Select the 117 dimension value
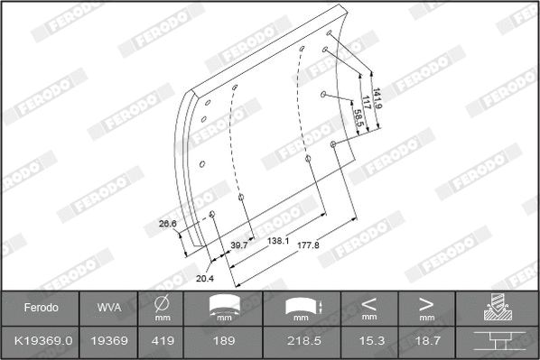coord(367,105)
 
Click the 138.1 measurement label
coord(278,241)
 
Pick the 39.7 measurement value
coord(238,245)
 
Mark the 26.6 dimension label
coord(167,223)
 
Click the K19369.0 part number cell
coord(40,340)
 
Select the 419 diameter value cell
coord(163,340)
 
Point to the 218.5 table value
coord(297,340)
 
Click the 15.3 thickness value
coord(369,340)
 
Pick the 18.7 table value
coord(426,340)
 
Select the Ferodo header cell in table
coord(40,308)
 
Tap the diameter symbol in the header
coord(163,302)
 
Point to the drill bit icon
coord(496,309)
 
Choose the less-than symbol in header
coord(369,302)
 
